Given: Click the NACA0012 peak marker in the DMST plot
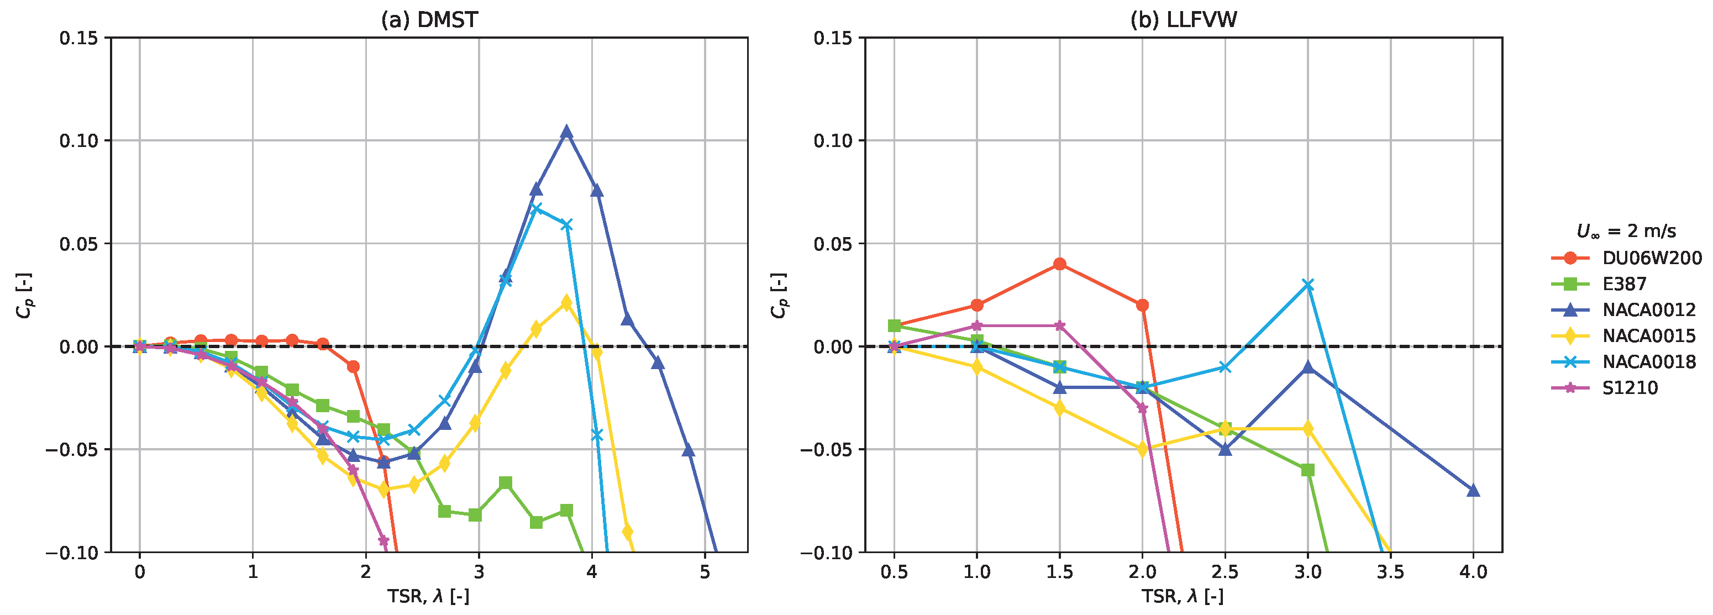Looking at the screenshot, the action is click(566, 132).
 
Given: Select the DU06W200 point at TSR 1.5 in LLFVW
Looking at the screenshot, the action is click(1059, 264).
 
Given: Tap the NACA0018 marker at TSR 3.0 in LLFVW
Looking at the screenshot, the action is click(1308, 285).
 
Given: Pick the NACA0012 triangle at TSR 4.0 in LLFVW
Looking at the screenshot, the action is click(1473, 490).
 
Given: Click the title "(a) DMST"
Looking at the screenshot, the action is click(429, 20).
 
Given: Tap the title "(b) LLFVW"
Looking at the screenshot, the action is click(1184, 20).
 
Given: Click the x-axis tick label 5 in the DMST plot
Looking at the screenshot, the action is click(704, 572).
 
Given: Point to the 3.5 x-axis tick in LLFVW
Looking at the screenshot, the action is click(1390, 572).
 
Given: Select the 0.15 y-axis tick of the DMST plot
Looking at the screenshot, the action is click(78, 38).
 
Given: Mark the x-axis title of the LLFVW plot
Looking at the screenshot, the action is click(1183, 596).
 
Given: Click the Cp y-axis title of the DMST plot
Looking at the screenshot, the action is click(25, 295).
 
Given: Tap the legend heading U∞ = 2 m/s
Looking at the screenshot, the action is click(1626, 232).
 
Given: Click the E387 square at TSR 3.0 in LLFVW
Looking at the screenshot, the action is click(1308, 470).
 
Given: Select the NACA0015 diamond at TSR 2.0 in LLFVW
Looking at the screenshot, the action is click(1142, 449).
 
